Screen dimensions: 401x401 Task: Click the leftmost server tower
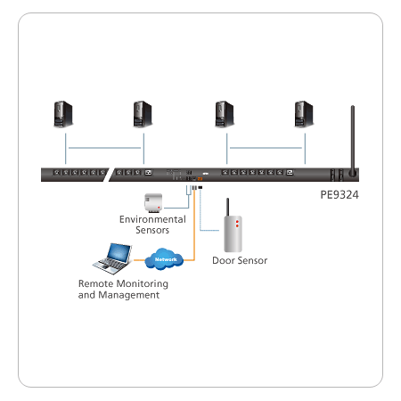(63, 114)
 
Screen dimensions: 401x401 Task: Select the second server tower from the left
(143, 114)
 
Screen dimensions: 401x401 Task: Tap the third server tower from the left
(225, 114)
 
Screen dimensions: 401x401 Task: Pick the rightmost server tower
(304, 114)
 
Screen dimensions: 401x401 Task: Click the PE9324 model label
(340, 195)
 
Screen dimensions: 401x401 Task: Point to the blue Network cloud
(164, 259)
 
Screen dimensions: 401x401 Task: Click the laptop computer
(112, 258)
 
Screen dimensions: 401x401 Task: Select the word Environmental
(152, 219)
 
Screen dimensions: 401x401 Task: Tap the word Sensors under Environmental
(152, 230)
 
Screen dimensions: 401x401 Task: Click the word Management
(129, 295)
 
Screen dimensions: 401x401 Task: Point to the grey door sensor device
(233, 233)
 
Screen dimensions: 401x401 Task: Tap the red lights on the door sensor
(237, 224)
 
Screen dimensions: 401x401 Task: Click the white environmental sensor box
(153, 203)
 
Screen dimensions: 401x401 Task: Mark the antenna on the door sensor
(227, 207)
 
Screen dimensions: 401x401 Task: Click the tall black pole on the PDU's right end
(353, 141)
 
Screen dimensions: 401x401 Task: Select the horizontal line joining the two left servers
(104, 148)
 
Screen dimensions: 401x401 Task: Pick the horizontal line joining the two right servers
(266, 148)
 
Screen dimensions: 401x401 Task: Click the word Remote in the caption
(91, 283)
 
